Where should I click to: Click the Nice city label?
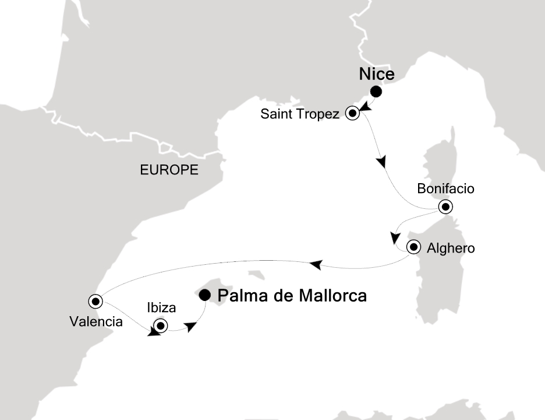377,75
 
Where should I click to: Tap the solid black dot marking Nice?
376,92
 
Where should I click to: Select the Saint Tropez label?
299,114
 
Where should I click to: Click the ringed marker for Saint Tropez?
352,114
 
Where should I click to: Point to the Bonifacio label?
446,189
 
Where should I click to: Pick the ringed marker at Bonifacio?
445,206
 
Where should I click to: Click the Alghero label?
451,248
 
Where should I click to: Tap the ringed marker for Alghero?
413,247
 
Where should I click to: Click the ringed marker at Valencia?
95,301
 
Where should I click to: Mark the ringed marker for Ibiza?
160,326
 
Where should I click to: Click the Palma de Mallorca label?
292,296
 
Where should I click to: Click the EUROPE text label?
169,170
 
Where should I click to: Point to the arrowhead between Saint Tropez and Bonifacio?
382,161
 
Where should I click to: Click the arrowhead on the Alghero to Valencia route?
316,265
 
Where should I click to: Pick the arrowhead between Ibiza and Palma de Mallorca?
191,328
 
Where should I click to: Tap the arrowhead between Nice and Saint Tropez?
364,106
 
